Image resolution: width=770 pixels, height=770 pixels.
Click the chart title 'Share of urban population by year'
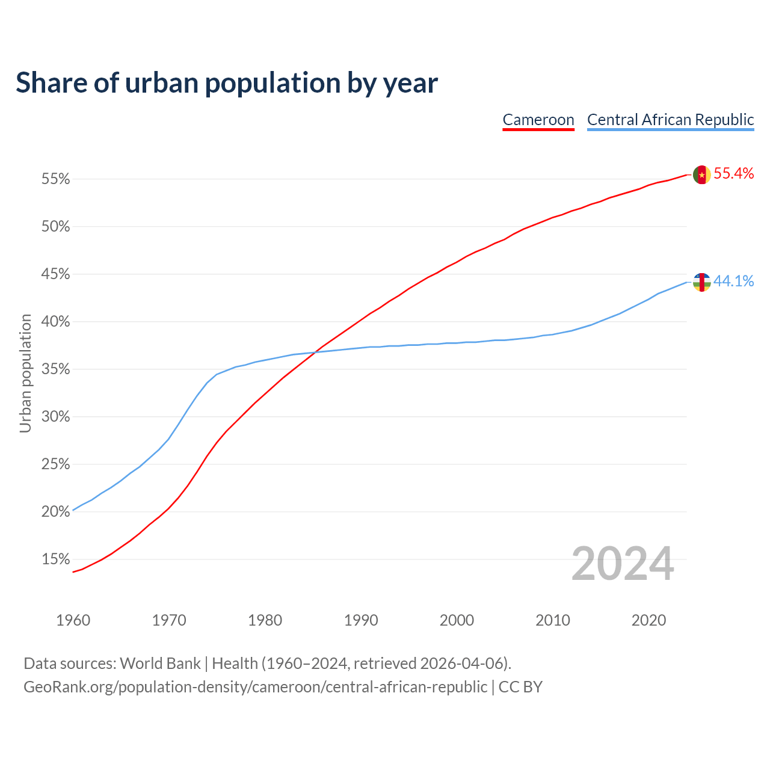(227, 82)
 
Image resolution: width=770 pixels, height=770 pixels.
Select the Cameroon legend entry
(538, 120)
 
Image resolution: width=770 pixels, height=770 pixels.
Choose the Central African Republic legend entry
(670, 120)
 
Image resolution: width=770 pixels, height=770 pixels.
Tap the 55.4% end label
(733, 174)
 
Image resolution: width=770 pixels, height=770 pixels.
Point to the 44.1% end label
(733, 281)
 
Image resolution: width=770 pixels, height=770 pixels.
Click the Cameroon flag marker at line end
(702, 174)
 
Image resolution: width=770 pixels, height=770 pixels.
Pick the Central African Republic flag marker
(702, 282)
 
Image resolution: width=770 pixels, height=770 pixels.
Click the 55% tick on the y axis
(55, 179)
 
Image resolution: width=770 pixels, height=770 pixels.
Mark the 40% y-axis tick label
(55, 322)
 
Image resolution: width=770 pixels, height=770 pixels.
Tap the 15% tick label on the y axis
(55, 559)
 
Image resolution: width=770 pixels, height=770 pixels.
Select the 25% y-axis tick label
(55, 464)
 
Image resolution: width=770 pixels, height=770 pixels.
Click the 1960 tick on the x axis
(73, 620)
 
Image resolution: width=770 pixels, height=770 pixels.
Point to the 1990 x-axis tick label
(361, 620)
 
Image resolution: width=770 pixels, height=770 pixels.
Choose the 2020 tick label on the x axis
(648, 620)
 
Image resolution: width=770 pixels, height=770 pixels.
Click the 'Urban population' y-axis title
(25, 373)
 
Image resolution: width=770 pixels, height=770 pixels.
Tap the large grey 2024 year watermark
(623, 564)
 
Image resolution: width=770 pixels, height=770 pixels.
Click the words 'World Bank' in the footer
(160, 664)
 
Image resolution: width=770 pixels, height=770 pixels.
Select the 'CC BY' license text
(520, 687)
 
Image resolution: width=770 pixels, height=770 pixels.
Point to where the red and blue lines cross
(315, 352)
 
